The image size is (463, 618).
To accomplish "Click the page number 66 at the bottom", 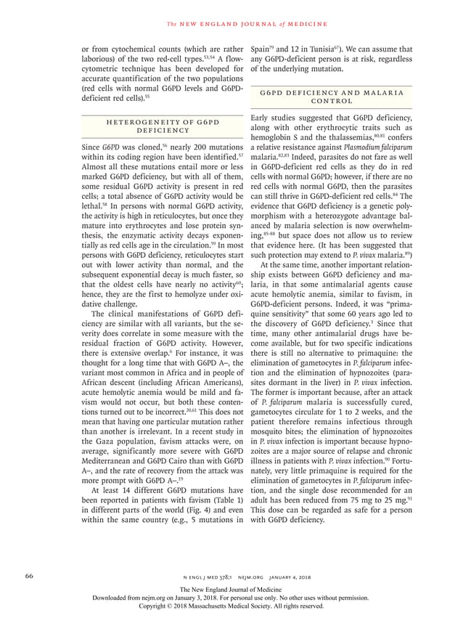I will tap(30, 576).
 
